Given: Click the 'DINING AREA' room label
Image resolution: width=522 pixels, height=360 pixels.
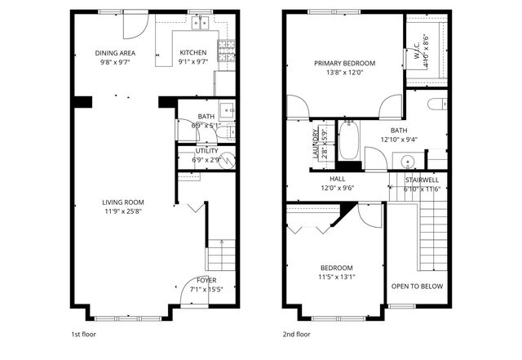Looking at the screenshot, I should pyautogui.click(x=115, y=53).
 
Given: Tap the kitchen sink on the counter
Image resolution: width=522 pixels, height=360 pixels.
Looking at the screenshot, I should pyautogui.click(x=198, y=24).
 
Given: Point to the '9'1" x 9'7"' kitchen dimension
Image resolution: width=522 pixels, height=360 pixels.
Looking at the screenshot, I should pyautogui.click(x=194, y=62).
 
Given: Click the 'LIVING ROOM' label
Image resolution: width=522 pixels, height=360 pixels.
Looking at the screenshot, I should pyautogui.click(x=122, y=202).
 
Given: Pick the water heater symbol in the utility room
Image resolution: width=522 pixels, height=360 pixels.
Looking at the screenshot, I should pyautogui.click(x=228, y=160).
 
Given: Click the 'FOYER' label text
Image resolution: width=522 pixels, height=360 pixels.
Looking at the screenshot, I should pyautogui.click(x=206, y=280).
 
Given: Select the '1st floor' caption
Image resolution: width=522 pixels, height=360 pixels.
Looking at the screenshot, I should pyautogui.click(x=82, y=334).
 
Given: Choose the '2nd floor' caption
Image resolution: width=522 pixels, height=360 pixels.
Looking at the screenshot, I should pyautogui.click(x=297, y=334).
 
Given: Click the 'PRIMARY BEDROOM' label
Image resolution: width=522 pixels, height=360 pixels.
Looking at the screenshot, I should pyautogui.click(x=344, y=63).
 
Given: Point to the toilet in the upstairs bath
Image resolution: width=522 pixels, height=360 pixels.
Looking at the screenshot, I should pyautogui.click(x=436, y=103).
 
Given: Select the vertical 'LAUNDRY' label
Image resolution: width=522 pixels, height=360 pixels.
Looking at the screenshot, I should pyautogui.click(x=313, y=142).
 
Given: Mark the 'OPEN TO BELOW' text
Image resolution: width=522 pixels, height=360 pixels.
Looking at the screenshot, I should pyautogui.click(x=417, y=287).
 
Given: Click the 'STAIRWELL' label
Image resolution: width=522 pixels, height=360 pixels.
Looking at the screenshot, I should pyautogui.click(x=422, y=178).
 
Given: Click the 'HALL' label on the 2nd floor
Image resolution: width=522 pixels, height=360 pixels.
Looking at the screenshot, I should pyautogui.click(x=338, y=178).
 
